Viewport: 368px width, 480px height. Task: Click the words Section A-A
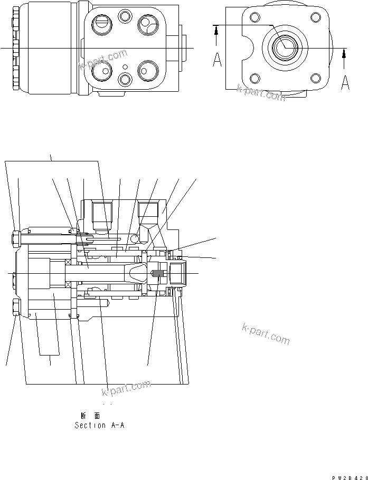(99, 425)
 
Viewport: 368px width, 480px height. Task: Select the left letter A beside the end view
(217, 60)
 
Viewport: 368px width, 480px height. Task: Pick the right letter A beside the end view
(345, 83)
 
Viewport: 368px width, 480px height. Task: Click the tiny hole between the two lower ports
(125, 66)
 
